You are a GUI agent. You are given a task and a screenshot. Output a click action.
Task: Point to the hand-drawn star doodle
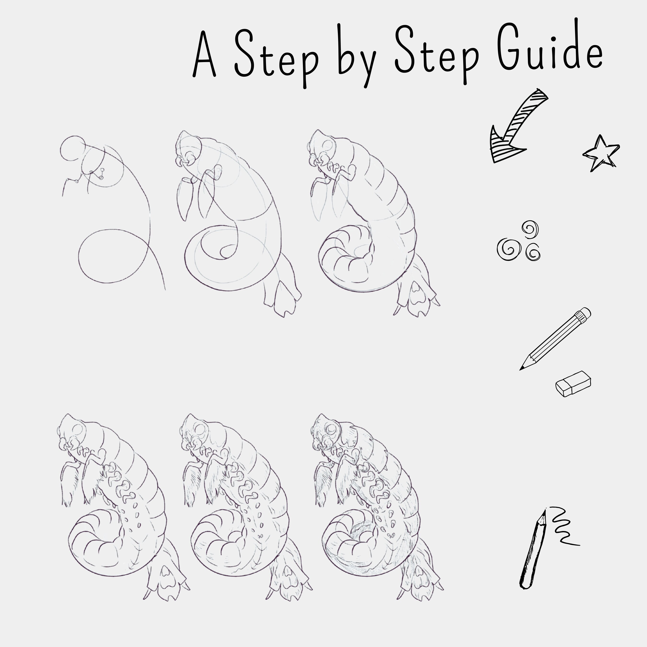coord(601,153)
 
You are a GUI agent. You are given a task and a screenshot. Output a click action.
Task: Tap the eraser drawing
coord(573,384)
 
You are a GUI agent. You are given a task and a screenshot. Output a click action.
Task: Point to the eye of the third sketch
coord(328,145)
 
